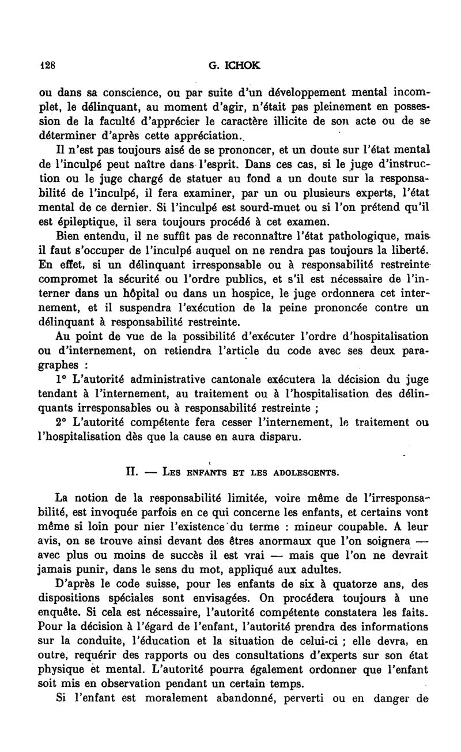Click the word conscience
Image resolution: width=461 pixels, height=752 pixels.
point(124,93)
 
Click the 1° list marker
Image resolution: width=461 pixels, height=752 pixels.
point(63,379)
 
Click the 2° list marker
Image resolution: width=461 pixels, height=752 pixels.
point(63,422)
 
